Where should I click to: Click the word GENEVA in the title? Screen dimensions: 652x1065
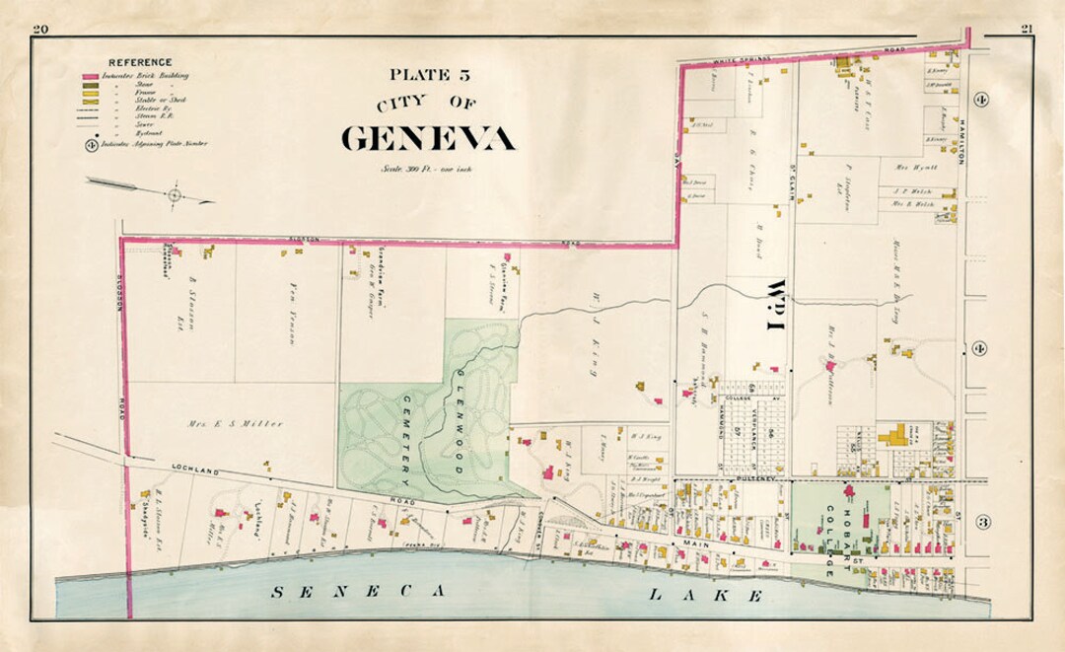(428, 138)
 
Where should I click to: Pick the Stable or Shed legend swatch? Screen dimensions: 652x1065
(91, 100)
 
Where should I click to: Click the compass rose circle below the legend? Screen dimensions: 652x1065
(175, 195)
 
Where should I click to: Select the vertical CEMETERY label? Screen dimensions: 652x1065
(407, 439)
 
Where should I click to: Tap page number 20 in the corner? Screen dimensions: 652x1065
(40, 29)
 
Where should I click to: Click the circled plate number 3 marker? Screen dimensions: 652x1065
(982, 521)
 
